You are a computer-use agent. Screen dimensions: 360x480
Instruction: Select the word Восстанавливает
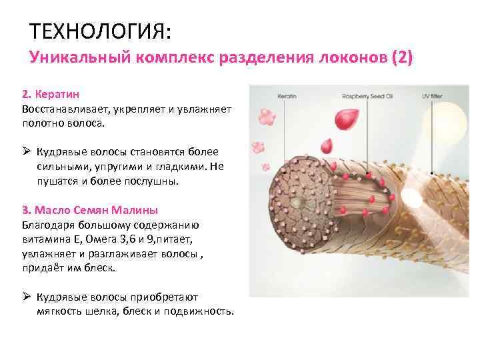(x=62, y=109)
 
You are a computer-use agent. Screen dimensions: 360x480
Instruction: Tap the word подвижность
(x=199, y=311)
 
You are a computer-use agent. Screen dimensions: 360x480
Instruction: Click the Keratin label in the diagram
(x=287, y=97)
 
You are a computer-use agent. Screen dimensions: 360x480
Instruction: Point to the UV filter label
(x=433, y=97)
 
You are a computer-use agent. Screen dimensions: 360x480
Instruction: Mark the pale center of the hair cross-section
(x=306, y=199)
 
